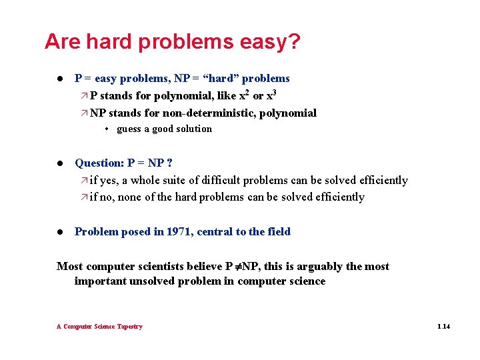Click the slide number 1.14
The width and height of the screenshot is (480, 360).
coord(443,327)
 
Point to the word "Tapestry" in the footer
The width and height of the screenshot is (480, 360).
coord(129,327)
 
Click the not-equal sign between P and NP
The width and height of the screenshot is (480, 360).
coord(237,267)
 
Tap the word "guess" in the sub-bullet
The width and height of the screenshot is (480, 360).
coord(129,129)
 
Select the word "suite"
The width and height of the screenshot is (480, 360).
coord(179,181)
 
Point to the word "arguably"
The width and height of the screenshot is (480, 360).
coord(315,267)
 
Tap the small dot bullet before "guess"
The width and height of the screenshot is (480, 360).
coord(107,129)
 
